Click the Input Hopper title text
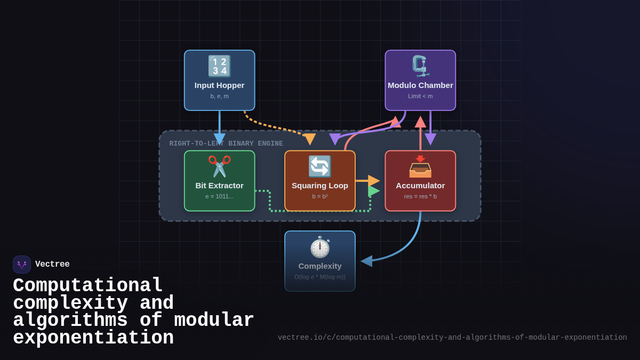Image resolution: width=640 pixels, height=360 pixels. click(x=219, y=85)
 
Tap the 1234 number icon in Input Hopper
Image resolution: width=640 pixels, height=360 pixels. click(x=219, y=66)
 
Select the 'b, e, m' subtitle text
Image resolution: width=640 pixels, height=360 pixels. click(x=219, y=97)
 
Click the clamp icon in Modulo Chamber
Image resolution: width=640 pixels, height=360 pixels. click(x=420, y=66)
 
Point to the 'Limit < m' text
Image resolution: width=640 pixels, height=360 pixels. click(x=420, y=97)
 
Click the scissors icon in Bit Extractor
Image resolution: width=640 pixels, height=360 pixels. click(x=219, y=166)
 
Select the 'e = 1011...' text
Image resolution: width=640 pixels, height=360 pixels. click(x=219, y=196)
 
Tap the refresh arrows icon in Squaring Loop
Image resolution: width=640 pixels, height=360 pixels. click(x=320, y=166)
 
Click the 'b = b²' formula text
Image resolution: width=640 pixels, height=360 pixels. click(x=320, y=196)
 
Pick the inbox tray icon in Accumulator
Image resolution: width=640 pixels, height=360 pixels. click(x=420, y=166)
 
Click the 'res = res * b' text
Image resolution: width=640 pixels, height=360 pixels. click(x=420, y=196)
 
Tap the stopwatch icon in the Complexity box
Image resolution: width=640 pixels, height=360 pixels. click(x=320, y=247)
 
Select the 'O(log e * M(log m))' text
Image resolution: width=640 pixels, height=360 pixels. click(x=320, y=277)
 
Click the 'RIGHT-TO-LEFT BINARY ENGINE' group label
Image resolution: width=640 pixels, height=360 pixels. click(x=226, y=143)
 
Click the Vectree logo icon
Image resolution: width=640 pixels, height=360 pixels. click(x=22, y=265)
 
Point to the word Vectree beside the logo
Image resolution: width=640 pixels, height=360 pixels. click(x=52, y=265)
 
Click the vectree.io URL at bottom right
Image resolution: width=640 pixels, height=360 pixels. click(x=452, y=338)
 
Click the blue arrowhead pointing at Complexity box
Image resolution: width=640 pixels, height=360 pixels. click(x=366, y=261)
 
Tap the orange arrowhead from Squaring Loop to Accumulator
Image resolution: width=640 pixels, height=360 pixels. click(x=374, y=181)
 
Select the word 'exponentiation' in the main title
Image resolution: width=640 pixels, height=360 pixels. click(x=93, y=338)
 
